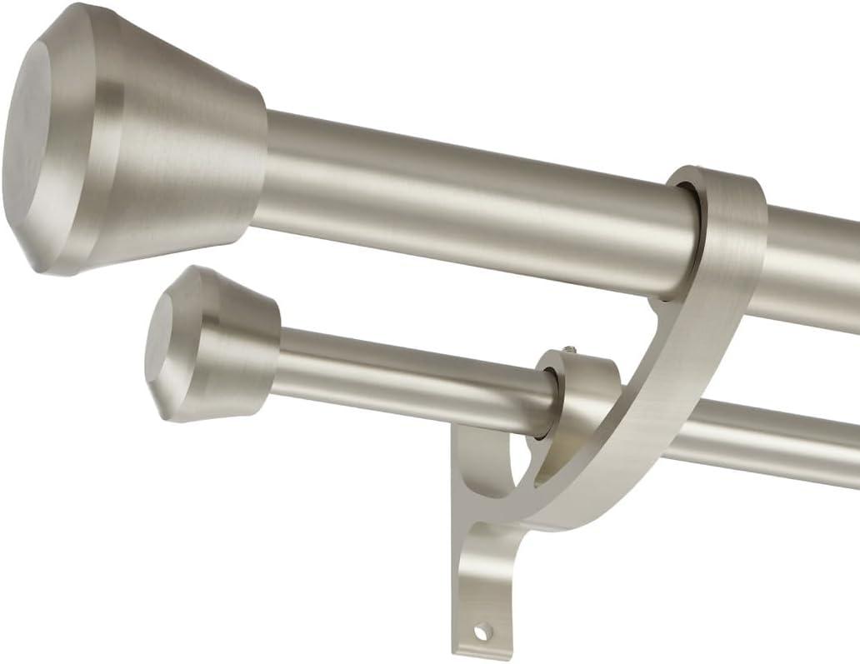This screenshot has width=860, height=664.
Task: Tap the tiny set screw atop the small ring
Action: click(x=569, y=349)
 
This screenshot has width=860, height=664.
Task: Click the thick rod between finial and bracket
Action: click(x=467, y=204)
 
